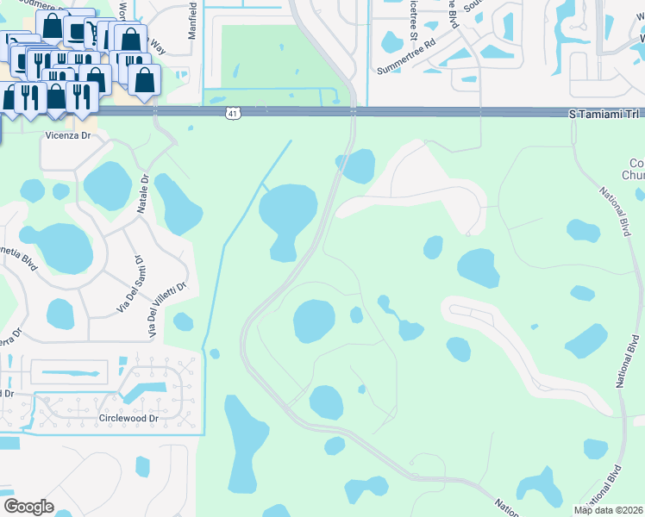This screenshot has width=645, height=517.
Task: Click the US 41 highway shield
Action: [235, 113]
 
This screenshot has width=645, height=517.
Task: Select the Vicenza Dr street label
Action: [68, 135]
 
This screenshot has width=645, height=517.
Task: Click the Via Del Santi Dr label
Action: [128, 283]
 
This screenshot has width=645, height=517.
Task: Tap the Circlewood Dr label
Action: [128, 419]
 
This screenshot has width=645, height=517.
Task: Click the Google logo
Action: [28, 507]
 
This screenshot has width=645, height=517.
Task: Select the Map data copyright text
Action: [608, 510]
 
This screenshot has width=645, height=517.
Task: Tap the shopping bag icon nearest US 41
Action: [144, 79]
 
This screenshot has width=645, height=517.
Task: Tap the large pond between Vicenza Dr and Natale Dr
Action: [108, 185]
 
